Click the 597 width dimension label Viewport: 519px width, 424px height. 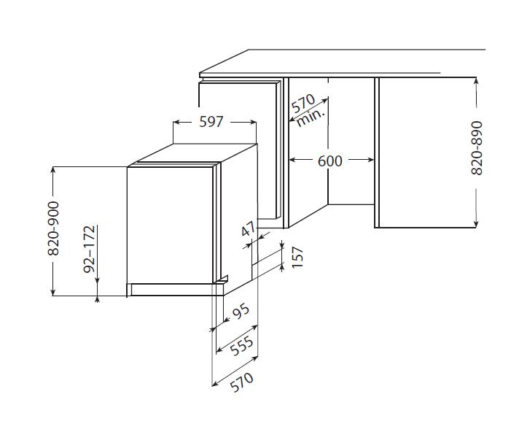point(211,122)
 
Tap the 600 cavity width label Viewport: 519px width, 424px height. point(329,161)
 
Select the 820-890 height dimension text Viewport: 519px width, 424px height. point(477,148)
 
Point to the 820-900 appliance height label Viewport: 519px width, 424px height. point(53,228)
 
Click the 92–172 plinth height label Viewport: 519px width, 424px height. point(90,249)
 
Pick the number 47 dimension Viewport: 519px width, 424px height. point(249,228)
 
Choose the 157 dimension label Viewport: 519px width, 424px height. point(297,258)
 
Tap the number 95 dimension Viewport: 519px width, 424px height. point(241,312)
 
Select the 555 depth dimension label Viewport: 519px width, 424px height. point(241,346)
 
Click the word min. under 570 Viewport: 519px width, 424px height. point(311,117)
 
